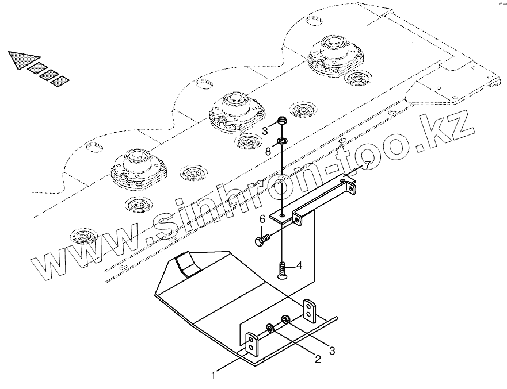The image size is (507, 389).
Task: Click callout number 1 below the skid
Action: click(x=214, y=376)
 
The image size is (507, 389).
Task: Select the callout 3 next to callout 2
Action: click(x=332, y=348)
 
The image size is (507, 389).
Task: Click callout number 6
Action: click(x=262, y=218)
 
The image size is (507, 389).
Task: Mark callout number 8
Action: click(x=268, y=151)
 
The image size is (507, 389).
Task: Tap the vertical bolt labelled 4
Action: click(x=283, y=270)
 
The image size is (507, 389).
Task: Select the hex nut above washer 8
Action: click(x=282, y=121)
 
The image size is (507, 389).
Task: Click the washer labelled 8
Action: click(x=283, y=141)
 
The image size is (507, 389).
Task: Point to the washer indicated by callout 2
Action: click(x=269, y=329)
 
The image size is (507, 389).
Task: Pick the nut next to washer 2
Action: click(x=285, y=320)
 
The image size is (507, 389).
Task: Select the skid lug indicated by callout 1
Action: click(x=251, y=344)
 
